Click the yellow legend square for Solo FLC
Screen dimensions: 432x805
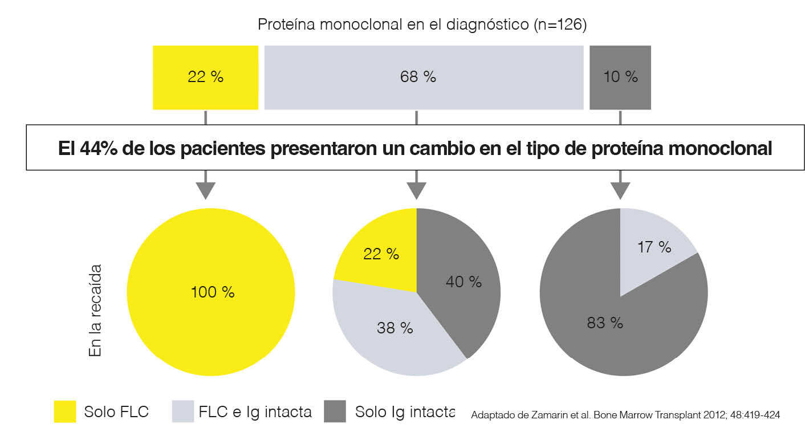coord(64,411)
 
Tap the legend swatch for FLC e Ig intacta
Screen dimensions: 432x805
coord(182,411)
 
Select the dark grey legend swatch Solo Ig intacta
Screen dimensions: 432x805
coord(335,411)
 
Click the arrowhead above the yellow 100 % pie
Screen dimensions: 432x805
coord(205,190)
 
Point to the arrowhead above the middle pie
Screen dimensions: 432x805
coord(417,190)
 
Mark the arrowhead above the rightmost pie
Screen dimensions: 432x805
coord(620,190)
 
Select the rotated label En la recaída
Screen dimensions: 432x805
coord(95,311)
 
